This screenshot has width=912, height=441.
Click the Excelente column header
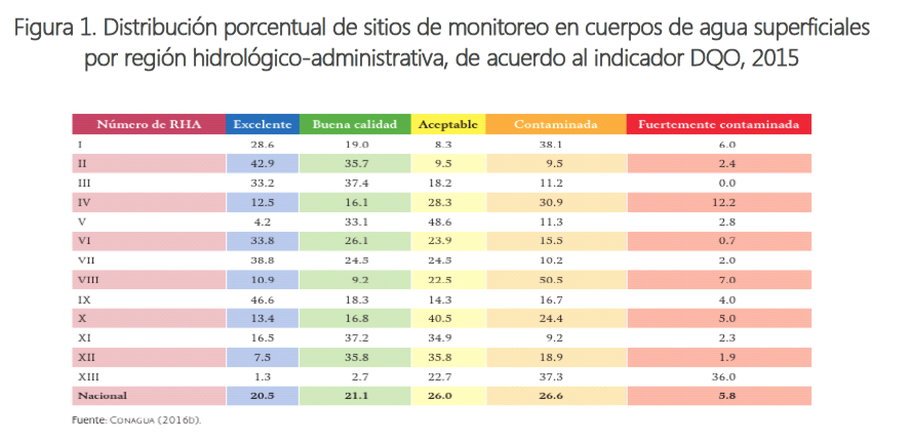point(262,125)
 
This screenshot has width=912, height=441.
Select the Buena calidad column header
point(354,125)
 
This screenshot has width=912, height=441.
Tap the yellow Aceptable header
point(448,125)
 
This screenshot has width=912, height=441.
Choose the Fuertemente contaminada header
point(719,125)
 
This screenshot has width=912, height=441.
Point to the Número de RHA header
point(149,125)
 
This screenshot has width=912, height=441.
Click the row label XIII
point(88,377)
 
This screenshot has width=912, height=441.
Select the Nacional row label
point(102,395)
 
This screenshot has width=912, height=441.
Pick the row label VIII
point(88,280)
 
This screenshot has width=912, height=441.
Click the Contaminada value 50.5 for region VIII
point(551,280)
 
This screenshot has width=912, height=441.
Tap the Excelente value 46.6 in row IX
point(262,300)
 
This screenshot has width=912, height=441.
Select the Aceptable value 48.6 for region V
point(440,222)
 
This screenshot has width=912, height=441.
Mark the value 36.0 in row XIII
point(724,377)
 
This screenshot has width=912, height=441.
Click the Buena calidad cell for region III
point(356,183)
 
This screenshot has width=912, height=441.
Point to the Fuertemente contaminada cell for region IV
point(724,203)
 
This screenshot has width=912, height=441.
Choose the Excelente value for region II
point(262,164)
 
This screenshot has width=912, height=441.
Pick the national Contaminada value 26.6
point(551,395)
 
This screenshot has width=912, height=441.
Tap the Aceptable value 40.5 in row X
point(440,318)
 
